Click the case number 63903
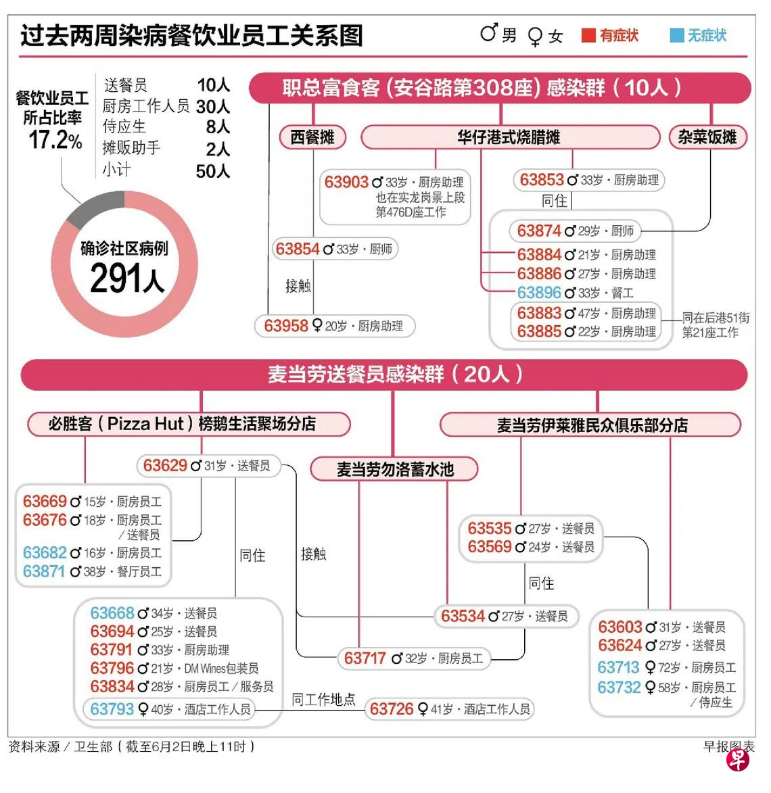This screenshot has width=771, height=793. pos(346,182)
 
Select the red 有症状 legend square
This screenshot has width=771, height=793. pos(588,35)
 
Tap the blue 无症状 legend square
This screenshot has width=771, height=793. pos(676,35)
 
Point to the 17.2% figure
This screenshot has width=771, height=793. pos(55,139)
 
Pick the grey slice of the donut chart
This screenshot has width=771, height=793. pos(94,208)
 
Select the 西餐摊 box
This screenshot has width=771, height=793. pos(312,137)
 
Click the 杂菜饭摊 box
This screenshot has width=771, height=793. pos(707,137)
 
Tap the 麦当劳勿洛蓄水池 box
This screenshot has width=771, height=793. pos(394,468)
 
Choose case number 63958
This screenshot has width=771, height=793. pos(286,326)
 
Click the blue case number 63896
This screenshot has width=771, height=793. pos(539,293)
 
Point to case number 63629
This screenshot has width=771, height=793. pos(165,465)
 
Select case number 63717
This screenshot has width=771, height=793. pos(365,658)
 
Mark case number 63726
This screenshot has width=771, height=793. pos(392,709)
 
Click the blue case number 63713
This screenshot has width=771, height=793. pos(618,667)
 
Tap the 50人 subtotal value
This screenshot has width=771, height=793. pos(213,172)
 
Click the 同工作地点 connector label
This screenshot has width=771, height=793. pos(324,700)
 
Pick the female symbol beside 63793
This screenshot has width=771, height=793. pos(143,710)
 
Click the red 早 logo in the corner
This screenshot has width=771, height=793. pos(738,760)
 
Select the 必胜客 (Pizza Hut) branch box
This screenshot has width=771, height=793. pos(189,424)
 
